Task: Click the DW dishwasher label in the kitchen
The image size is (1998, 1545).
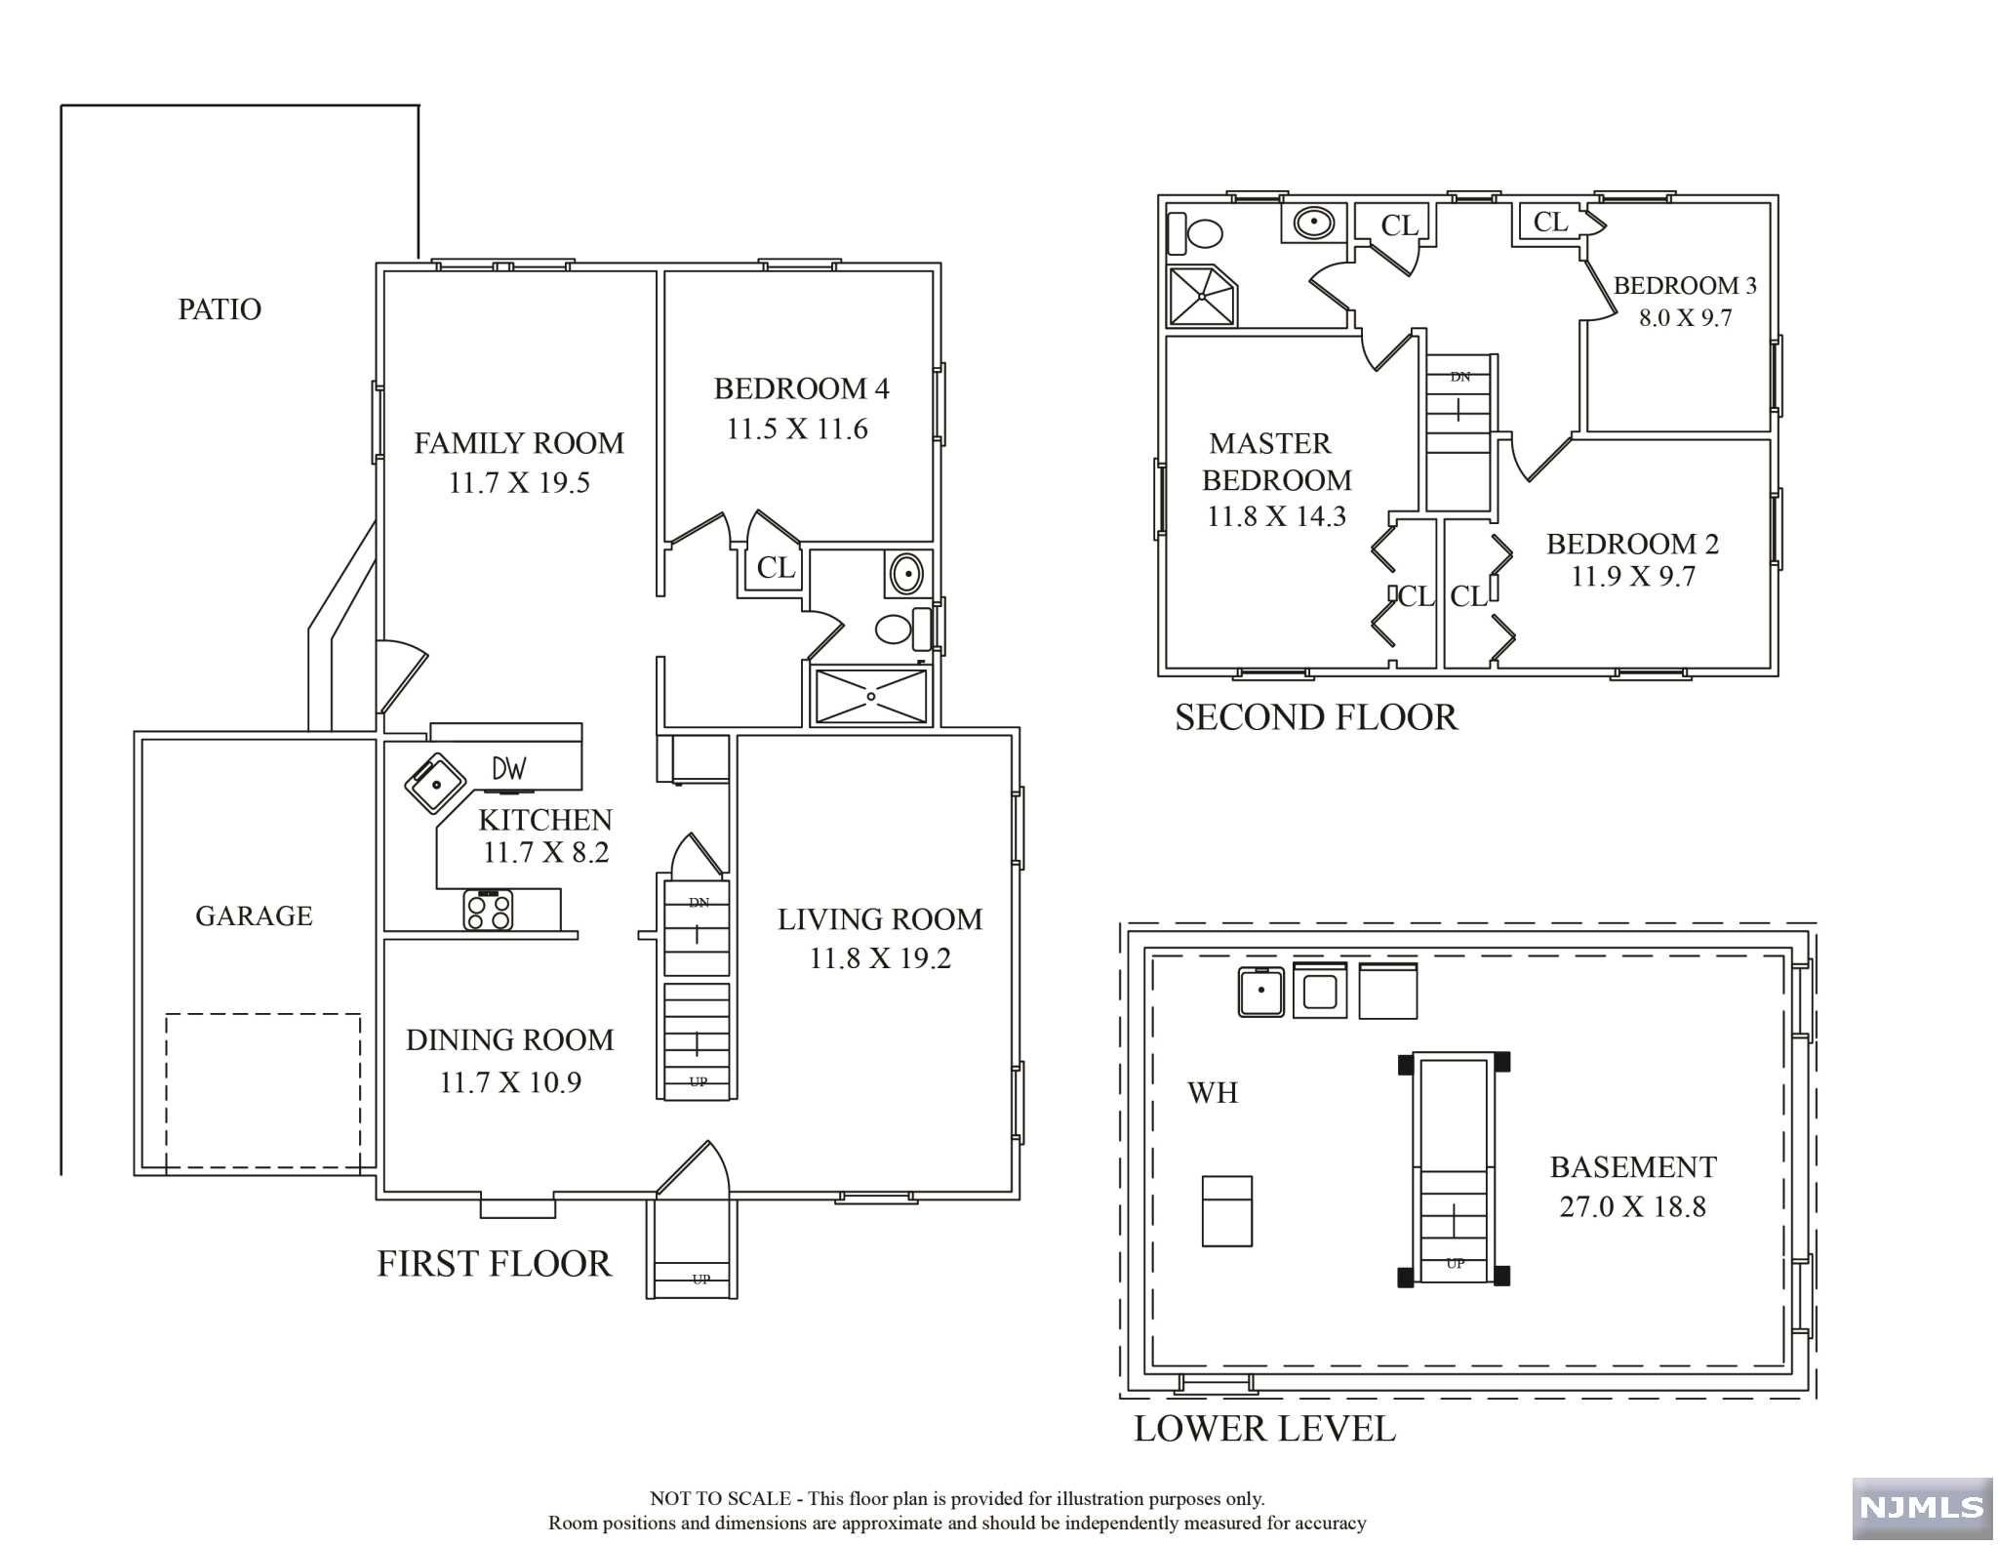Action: pos(509,769)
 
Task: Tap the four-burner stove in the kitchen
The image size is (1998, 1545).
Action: pos(488,910)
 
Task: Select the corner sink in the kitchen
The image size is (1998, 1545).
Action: pos(435,782)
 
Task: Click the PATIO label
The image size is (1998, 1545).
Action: pos(220,309)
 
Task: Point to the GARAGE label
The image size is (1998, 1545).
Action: pos(254,915)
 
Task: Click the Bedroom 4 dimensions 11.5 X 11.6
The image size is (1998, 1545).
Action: pos(797,428)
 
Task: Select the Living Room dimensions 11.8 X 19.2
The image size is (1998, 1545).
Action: pos(880,958)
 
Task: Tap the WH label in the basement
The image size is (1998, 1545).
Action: pos(1213,1092)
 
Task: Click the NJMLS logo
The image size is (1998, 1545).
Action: pos(1921,1508)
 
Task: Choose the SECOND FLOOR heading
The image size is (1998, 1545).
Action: pos(1316,717)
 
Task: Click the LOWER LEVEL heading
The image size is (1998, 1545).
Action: pos(1264,1429)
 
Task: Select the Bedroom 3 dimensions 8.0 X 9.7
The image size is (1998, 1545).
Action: pos(1686,317)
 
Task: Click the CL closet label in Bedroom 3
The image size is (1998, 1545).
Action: pos(1550,223)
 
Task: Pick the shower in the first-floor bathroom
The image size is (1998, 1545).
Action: pos(871,696)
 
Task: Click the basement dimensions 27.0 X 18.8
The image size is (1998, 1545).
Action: pos(1633,1206)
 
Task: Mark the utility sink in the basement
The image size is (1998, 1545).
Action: pos(1261,992)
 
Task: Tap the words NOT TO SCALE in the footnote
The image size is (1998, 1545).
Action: pos(720,1498)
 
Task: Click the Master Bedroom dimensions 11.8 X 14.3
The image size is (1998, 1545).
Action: pos(1276,516)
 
